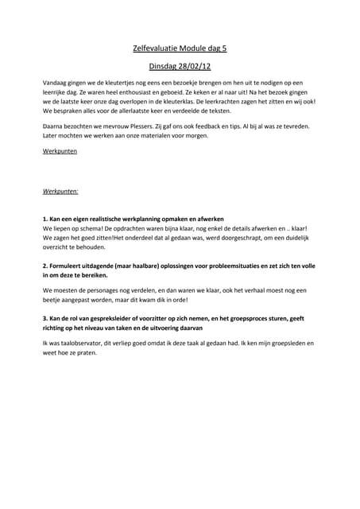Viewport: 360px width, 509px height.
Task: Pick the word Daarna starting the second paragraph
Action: (53, 126)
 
